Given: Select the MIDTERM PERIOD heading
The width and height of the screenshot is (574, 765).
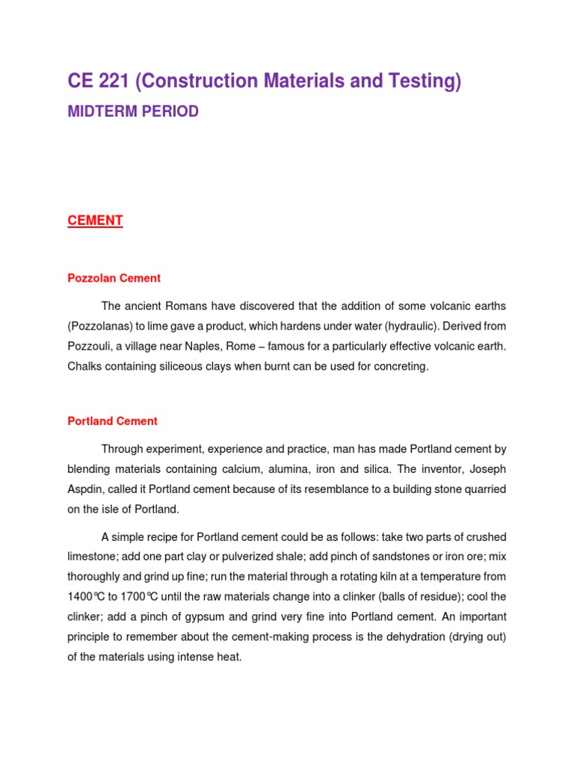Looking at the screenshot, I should pos(133,112).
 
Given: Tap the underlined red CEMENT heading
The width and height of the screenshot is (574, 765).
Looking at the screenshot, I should pos(95,220).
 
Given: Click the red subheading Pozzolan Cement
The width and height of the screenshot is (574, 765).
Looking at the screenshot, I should pos(114,278).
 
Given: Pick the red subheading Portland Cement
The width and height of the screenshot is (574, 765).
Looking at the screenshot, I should pos(112,421).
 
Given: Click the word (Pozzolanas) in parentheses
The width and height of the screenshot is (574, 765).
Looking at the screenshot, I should pos(99,326).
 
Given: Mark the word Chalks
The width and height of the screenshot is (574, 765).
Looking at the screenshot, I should pos(84,367).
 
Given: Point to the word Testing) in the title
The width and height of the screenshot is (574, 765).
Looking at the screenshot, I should pos(427,81).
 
